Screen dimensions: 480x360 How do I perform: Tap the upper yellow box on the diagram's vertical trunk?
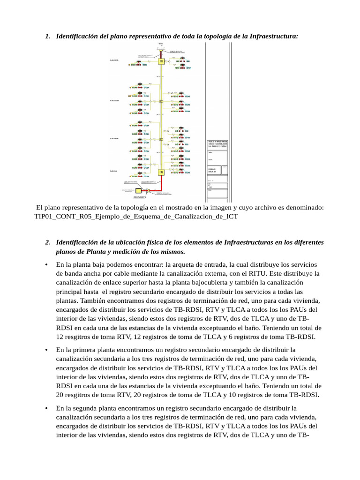pyautogui.click(x=161, y=61)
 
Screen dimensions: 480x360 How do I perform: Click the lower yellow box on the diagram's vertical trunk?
pyautogui.click(x=161, y=172)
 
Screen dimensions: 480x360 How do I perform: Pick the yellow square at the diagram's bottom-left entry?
pyautogui.click(x=139, y=191)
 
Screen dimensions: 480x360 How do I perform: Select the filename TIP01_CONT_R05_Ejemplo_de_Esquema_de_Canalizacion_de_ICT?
pyautogui.click(x=136, y=216)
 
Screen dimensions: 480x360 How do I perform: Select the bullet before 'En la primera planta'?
pyautogui.click(x=46, y=350)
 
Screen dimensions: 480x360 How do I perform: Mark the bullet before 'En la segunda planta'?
pyautogui.click(x=46, y=408)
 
